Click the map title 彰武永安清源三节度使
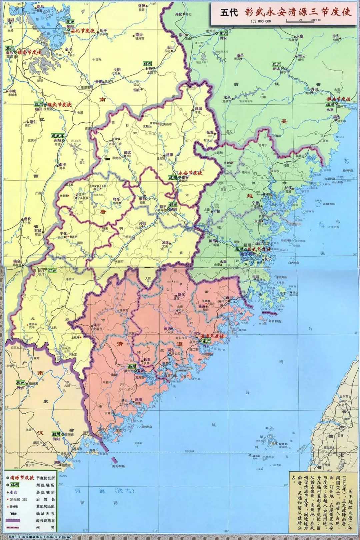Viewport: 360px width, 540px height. pyautogui.click(x=298, y=12)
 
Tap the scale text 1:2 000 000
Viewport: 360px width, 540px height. pyautogui.click(x=261, y=21)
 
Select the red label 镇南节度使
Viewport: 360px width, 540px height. pyautogui.click(x=29, y=52)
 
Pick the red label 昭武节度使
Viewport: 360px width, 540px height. pyautogui.click(x=59, y=105)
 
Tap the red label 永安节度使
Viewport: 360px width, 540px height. pyautogui.click(x=190, y=173)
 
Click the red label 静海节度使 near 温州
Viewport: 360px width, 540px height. pyautogui.click(x=339, y=99)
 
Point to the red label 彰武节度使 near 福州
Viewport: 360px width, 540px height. pyautogui.click(x=259, y=249)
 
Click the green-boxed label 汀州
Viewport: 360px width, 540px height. pyautogui.click(x=52, y=270)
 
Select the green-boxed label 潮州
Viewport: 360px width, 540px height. pyautogui.click(x=56, y=434)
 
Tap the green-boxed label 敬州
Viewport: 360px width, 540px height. pyautogui.click(x=21, y=383)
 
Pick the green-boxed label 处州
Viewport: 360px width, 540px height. pyautogui.click(x=277, y=64)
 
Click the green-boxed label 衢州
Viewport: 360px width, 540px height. pyautogui.click(x=224, y=33)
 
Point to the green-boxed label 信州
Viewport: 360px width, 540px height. pyautogui.click(x=148, y=63)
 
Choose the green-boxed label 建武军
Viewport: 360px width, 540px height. pyautogui.click(x=58, y=136)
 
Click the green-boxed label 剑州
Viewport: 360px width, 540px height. pyautogui.click(x=173, y=204)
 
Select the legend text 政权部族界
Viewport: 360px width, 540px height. pyautogui.click(x=46, y=521)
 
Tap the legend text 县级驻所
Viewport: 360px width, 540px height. pyautogui.click(x=46, y=492)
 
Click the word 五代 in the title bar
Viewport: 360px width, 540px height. pyautogui.click(x=229, y=13)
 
